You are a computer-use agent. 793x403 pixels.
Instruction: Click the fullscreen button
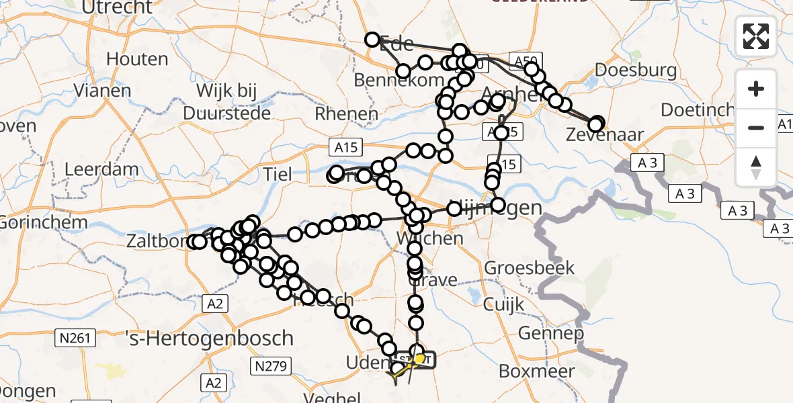[x=756, y=36]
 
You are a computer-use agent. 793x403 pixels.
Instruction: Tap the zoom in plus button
[x=756, y=89]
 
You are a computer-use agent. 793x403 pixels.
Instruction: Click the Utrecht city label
[x=118, y=7]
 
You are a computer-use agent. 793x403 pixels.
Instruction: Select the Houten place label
[x=137, y=59]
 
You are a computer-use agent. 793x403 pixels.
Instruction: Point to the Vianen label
[x=103, y=90]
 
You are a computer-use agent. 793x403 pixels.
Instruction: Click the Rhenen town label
[x=347, y=114]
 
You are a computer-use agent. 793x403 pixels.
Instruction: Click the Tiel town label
[x=278, y=175]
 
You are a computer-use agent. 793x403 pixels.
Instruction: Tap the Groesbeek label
[x=530, y=268]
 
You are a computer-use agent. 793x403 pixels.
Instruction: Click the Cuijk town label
[x=503, y=304]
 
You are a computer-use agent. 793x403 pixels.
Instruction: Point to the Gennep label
[x=541, y=334]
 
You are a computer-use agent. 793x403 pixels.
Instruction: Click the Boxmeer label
[x=537, y=371]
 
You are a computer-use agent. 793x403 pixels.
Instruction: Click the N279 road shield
[x=270, y=366]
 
